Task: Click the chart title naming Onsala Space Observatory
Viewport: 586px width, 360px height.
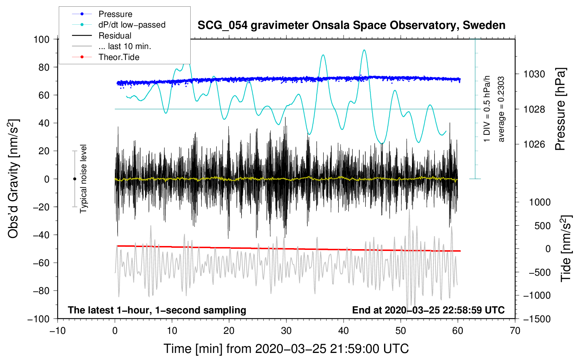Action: [x=351, y=25]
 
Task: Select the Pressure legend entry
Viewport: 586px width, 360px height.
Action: [x=115, y=14]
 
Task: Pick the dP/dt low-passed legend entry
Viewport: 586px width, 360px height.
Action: [x=132, y=25]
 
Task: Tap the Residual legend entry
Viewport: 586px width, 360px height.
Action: [x=115, y=36]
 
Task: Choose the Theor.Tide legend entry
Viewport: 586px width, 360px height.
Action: [x=119, y=57]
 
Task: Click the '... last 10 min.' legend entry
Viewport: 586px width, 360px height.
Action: [x=125, y=46]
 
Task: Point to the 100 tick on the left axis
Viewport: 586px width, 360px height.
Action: [x=41, y=39]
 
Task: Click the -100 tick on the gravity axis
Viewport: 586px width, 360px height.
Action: [x=38, y=319]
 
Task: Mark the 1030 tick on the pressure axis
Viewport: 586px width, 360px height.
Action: [x=534, y=74]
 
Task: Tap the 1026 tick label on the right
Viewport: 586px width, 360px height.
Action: [x=534, y=144]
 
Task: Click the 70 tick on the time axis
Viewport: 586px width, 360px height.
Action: [x=515, y=331]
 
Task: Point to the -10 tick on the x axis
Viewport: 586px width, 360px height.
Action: [x=58, y=331]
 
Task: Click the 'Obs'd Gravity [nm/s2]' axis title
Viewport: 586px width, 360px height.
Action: [x=13, y=179]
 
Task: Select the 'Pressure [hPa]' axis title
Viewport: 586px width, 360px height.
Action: [x=561, y=109]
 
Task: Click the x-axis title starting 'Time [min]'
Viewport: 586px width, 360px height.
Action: [x=286, y=349]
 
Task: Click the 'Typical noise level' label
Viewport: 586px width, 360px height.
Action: [x=83, y=179]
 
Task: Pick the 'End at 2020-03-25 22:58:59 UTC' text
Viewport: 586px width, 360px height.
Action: [x=428, y=310]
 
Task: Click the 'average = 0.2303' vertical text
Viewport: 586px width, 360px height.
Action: [x=501, y=109]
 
